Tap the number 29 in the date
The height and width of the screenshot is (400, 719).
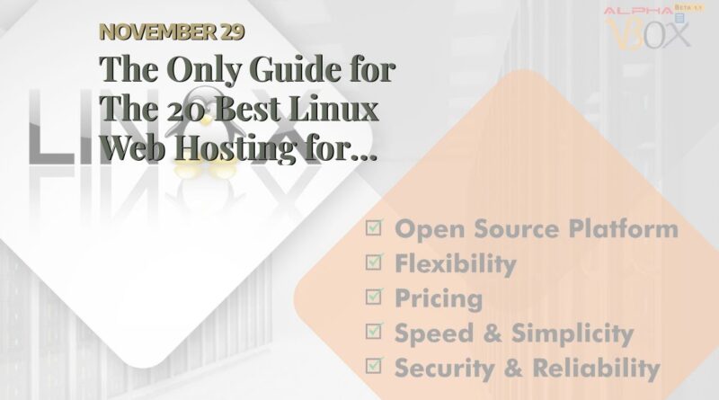[x=232, y=32]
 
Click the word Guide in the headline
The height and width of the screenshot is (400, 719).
[x=296, y=70]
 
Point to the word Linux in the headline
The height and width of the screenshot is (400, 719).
[x=333, y=109]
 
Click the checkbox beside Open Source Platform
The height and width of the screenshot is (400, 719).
[x=374, y=227]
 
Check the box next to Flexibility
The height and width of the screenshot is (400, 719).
[x=374, y=262]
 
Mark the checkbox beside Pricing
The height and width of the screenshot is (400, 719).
[x=374, y=297]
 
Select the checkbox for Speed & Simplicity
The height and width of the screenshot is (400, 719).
[x=374, y=331]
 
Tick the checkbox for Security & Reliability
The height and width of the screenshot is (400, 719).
[x=374, y=366]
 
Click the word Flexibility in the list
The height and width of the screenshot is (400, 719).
[x=456, y=263]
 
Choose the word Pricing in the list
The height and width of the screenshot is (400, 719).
[x=439, y=298]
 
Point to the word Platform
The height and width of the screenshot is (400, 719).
[x=623, y=228]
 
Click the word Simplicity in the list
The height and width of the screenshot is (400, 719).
[x=573, y=333]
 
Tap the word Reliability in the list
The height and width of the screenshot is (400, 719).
[x=596, y=368]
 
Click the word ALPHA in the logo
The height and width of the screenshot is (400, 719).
[x=638, y=11]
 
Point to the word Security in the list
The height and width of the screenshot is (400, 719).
[x=444, y=368]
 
